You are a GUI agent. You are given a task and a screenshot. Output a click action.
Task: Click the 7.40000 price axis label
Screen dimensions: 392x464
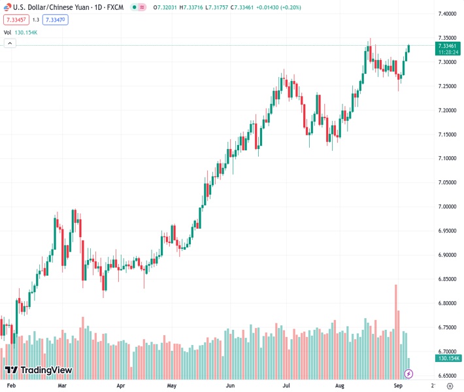448,14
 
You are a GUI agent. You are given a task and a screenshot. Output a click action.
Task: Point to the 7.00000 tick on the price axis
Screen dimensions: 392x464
448,207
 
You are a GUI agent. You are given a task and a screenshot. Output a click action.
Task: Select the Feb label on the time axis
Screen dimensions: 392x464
11,386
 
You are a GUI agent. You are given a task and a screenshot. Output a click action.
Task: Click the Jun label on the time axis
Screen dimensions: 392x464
231,386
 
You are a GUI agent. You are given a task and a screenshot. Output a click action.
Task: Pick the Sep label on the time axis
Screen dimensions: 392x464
399,386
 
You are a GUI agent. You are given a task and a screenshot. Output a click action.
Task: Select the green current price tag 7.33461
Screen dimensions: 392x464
448,46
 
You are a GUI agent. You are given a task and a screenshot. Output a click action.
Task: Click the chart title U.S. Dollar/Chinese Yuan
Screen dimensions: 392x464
52,7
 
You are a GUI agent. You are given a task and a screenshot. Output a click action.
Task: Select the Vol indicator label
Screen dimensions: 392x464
7,32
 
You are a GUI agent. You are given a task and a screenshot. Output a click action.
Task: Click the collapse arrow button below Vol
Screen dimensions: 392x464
10,43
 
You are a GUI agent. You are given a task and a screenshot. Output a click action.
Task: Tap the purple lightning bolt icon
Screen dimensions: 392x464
409,374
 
